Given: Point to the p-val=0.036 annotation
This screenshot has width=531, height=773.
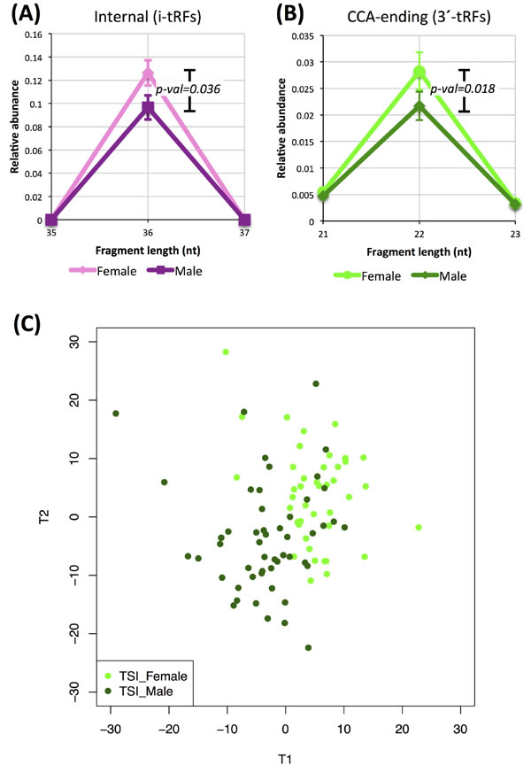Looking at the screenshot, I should click(x=188, y=89).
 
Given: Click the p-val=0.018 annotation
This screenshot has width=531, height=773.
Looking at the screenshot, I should click(x=461, y=89).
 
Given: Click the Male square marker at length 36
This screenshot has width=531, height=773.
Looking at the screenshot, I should click(x=148, y=110).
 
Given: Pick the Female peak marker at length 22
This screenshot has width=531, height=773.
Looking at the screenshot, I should click(x=419, y=73).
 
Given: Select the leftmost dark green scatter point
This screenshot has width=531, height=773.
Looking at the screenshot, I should click(x=115, y=414).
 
